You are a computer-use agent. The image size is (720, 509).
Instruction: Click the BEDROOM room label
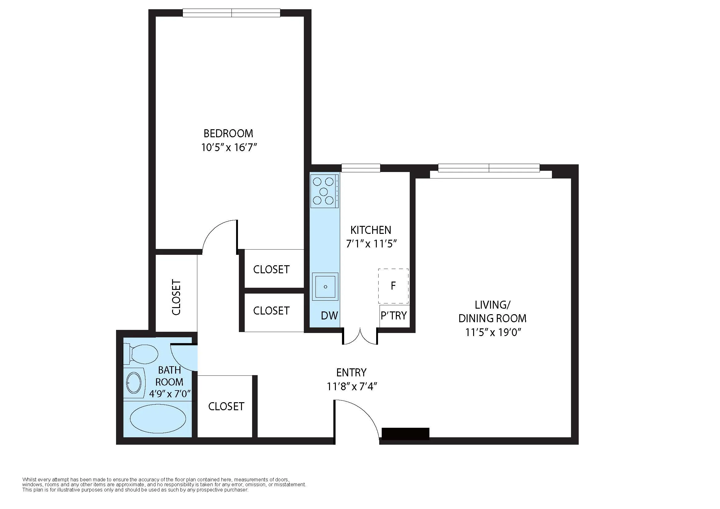228,134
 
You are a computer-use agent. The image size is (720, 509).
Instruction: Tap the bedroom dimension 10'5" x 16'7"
229,147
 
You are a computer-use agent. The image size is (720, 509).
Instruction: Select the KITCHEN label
371,230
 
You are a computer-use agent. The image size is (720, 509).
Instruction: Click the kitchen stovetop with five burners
324,191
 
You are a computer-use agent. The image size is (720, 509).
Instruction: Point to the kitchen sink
325,287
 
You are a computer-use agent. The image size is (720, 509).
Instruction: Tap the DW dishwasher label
329,316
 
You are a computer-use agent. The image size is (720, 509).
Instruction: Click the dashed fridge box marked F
393,286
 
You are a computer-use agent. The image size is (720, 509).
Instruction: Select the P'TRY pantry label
394,315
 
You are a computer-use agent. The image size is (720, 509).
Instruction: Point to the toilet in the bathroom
141,354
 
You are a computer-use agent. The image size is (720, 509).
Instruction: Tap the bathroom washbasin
134,383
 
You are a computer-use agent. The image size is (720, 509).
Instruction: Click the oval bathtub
158,419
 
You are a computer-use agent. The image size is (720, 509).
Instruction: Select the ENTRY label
351,372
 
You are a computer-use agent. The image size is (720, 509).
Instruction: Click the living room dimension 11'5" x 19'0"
493,332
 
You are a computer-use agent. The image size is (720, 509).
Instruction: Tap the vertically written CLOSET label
176,297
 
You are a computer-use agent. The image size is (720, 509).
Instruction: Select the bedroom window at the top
231,13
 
